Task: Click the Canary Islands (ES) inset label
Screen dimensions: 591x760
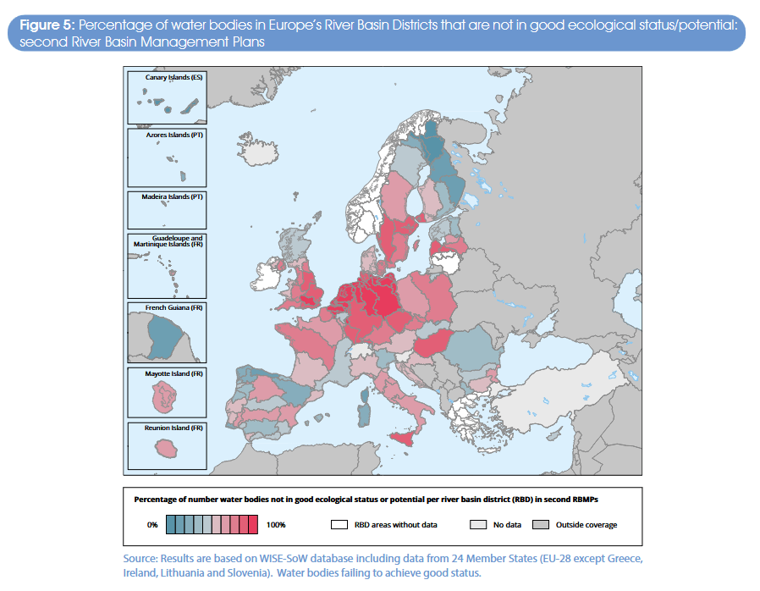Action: pyautogui.click(x=173, y=77)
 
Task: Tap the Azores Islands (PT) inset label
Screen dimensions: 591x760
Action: pyautogui.click(x=174, y=135)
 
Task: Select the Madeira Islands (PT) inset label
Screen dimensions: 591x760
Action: pyautogui.click(x=173, y=196)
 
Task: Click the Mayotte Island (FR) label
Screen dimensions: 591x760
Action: pyautogui.click(x=174, y=373)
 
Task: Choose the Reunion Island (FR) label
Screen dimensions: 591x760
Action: pyautogui.click(x=174, y=428)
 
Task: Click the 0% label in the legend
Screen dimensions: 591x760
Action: pyautogui.click(x=152, y=525)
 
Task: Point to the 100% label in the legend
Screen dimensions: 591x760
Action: pyautogui.click(x=276, y=525)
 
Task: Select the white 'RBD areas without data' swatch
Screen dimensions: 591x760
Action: pyautogui.click(x=340, y=525)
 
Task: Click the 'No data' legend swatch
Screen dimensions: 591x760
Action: pyautogui.click(x=477, y=525)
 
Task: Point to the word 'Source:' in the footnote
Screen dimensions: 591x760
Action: pyautogui.click(x=141, y=560)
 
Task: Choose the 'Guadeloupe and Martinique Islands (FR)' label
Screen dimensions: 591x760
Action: pyautogui.click(x=173, y=241)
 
